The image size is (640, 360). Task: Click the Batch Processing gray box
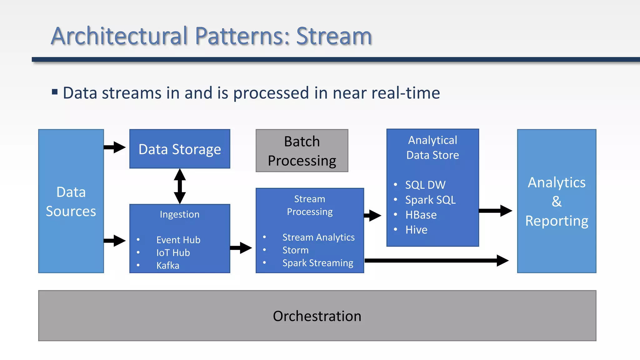(x=302, y=151)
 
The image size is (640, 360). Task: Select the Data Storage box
(x=180, y=149)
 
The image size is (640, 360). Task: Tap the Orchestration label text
(x=317, y=316)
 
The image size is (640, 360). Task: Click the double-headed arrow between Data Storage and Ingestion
(x=180, y=186)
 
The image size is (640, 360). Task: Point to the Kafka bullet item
(x=168, y=266)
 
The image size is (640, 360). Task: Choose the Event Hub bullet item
(x=178, y=240)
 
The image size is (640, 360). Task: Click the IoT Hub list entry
(x=173, y=253)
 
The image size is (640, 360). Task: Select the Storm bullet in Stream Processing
(x=295, y=250)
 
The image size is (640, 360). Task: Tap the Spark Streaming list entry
(x=317, y=263)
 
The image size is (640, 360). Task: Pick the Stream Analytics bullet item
(x=318, y=237)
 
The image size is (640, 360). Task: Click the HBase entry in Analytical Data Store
(x=421, y=215)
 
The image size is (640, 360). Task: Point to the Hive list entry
(x=416, y=230)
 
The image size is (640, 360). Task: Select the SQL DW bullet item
(x=425, y=185)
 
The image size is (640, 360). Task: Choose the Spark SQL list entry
(x=430, y=200)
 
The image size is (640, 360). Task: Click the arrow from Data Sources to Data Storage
(x=114, y=147)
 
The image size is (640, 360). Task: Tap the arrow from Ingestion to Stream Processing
(x=241, y=248)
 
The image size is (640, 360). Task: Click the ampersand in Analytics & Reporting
(x=557, y=202)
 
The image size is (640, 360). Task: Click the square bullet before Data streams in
(x=55, y=92)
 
